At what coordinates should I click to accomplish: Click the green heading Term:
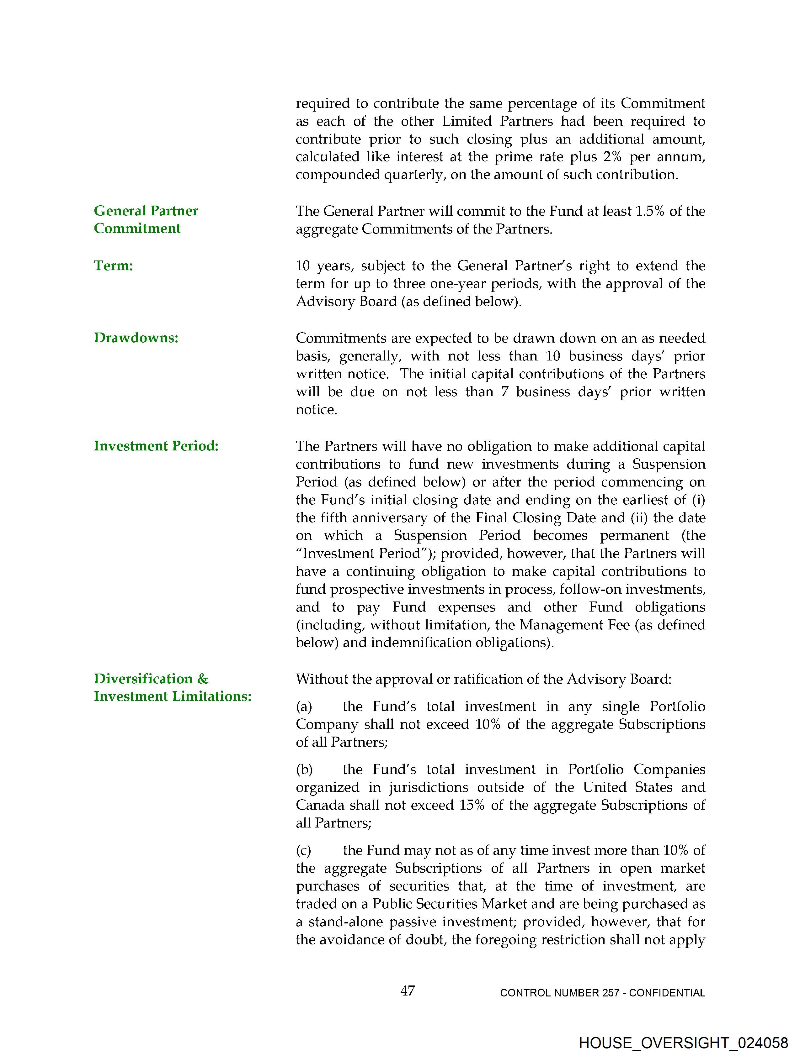click(113, 265)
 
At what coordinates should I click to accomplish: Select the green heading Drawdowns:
click(136, 338)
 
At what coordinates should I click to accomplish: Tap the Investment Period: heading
click(156, 446)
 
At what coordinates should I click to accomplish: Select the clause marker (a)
click(304, 707)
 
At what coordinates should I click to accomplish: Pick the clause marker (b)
click(304, 770)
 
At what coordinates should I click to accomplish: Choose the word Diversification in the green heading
click(143, 679)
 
